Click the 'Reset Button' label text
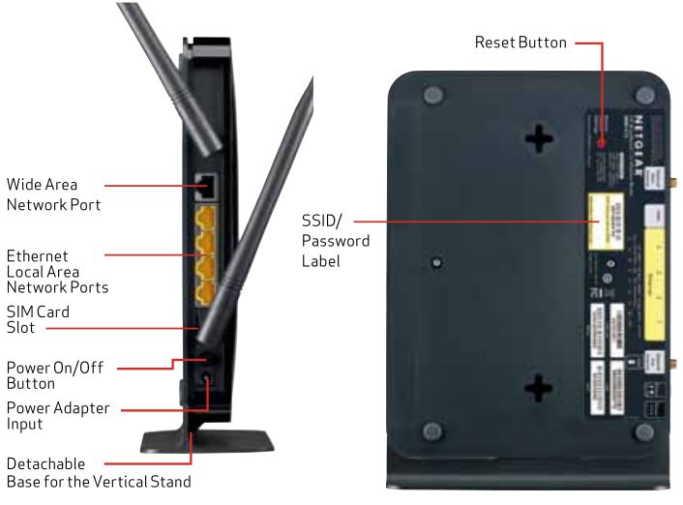coord(520,44)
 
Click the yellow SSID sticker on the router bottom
coord(604,220)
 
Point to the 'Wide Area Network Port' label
coord(53,194)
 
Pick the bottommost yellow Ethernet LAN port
coord(205,288)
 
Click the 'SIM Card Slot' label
coord(39,319)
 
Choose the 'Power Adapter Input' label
coord(58,416)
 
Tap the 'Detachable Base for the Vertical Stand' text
coord(97,473)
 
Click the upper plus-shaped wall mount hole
coord(538,139)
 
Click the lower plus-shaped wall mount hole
coord(538,388)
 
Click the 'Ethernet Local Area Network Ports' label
coord(56,272)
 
